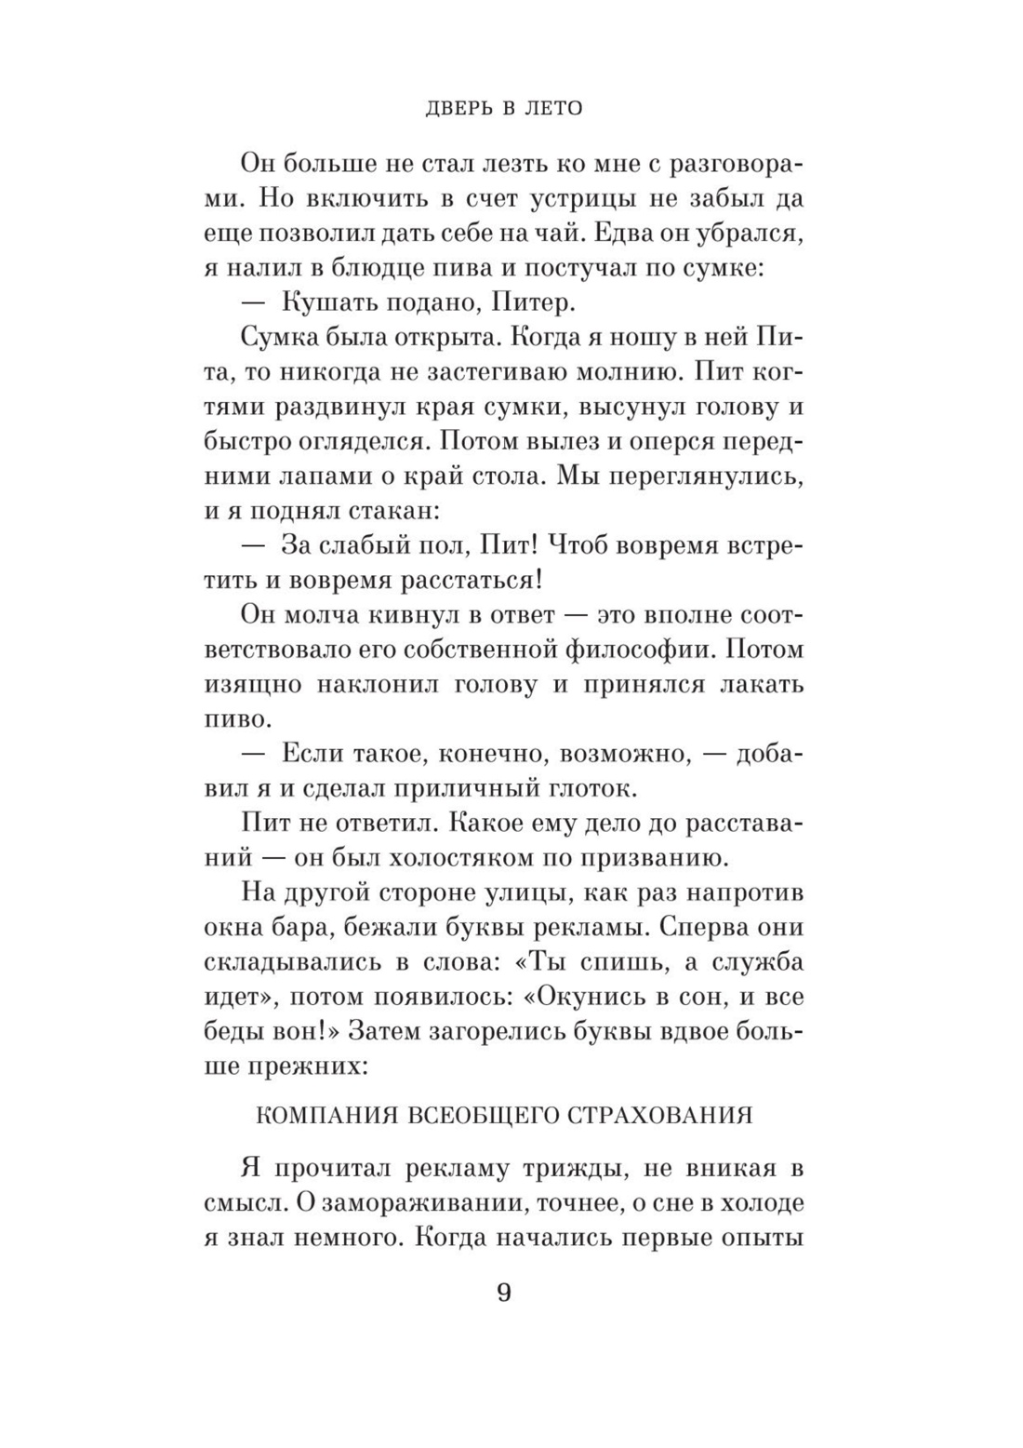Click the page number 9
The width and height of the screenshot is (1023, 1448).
tap(503, 1294)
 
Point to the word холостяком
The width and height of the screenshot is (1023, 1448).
tap(475, 858)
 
